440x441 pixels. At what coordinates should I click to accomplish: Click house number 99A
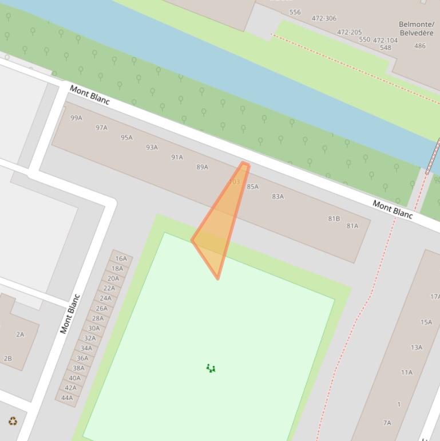coord(76,118)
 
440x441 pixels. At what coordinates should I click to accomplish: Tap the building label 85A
coord(252,187)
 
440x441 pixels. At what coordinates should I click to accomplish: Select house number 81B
coord(334,219)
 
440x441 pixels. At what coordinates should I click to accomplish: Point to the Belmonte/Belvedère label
coord(416,29)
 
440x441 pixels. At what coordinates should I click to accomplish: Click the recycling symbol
coord(13,422)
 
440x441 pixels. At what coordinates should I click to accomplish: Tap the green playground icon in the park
coord(211,368)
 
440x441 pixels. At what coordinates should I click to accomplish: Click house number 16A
coord(121,259)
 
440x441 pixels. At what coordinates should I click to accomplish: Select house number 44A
coord(67,398)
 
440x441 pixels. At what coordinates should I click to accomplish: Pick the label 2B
coord(7,359)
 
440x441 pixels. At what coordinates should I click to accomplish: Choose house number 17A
coord(434,297)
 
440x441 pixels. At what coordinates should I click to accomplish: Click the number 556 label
coord(295,12)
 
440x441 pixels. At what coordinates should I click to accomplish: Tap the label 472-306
coord(324,18)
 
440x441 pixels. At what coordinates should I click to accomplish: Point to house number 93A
coord(152,147)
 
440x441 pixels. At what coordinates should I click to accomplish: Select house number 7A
coord(387,423)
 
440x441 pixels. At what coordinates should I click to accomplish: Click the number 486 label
coord(420,46)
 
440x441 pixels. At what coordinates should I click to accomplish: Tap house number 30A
coord(94,329)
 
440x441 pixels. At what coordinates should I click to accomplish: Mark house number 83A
coord(278,196)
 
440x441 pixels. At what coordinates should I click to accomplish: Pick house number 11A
coord(406,372)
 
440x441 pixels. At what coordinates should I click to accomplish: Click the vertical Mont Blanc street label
coord(69,314)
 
